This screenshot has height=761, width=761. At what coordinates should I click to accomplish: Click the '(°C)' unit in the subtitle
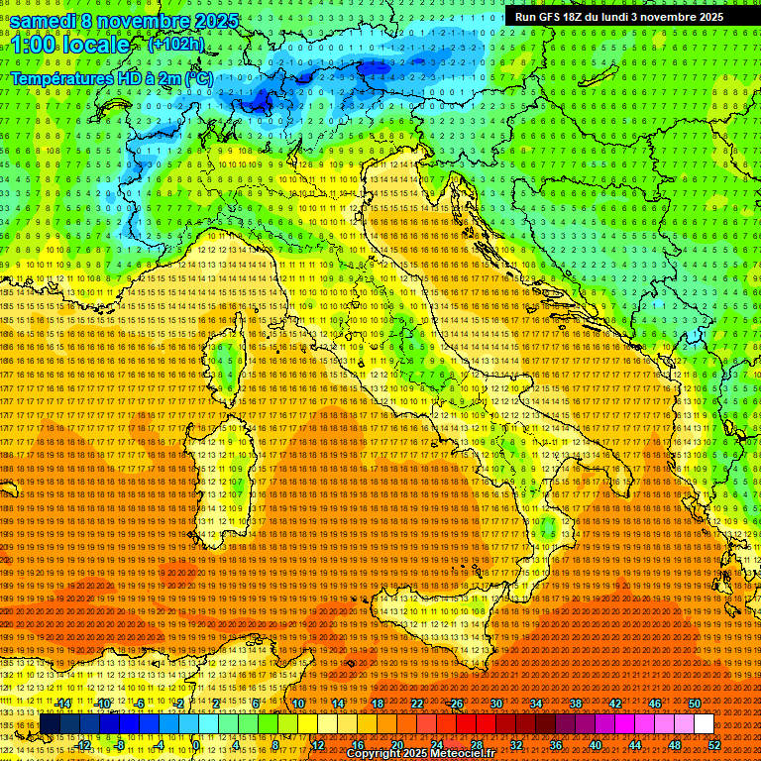pos(197,77)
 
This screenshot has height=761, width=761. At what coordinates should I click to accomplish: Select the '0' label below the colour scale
pos(196,745)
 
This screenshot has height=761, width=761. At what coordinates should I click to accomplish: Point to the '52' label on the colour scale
pos(713,745)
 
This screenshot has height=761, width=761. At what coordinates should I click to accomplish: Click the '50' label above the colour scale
pos(695,703)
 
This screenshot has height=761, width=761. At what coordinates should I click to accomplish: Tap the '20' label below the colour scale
pos(396,745)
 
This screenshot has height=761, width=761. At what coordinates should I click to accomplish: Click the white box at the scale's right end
pos(704,724)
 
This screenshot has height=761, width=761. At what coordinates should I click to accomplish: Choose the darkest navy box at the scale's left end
pos(50,724)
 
